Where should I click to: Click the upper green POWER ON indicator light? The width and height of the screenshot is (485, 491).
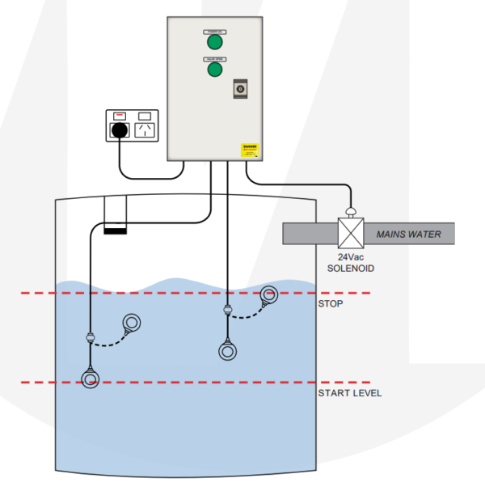pos(214,42)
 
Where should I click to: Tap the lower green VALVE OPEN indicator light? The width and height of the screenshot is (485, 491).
pos(214,70)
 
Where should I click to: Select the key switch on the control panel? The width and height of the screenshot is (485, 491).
pos(240,88)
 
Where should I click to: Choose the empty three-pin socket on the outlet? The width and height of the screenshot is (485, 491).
pos(145,129)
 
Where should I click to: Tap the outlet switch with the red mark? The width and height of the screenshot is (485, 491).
pos(120,116)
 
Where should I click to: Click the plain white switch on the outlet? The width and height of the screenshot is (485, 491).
pos(145,116)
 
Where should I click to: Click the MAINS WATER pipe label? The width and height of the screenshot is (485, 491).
pos(409,235)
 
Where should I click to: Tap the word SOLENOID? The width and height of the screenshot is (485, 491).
pos(351,268)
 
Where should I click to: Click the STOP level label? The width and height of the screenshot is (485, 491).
pos(331,304)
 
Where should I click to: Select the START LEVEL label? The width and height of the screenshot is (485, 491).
pos(349,393)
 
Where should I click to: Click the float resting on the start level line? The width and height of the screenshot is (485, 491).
pos(90,378)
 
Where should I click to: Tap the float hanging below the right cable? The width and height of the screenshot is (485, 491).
pos(229,351)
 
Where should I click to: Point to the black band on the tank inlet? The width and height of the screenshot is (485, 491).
pos(116,231)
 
